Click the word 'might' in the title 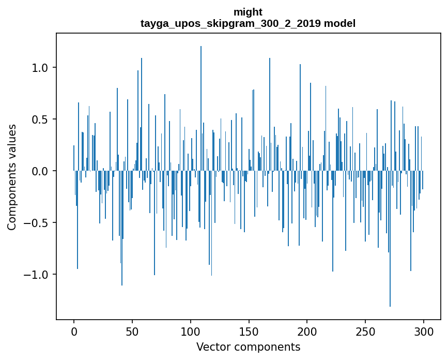tap(248, 12)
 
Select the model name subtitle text tap(248, 23)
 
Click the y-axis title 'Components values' tap(11, 177)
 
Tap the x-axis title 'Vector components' tap(248, 347)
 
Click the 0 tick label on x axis tap(74, 331)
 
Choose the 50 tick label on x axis tap(132, 331)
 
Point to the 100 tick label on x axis tap(191, 331)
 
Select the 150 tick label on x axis tap(249, 331)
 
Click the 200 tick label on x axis tap(307, 331)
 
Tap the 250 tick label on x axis tap(365, 331)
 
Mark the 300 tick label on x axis tap(424, 331)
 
